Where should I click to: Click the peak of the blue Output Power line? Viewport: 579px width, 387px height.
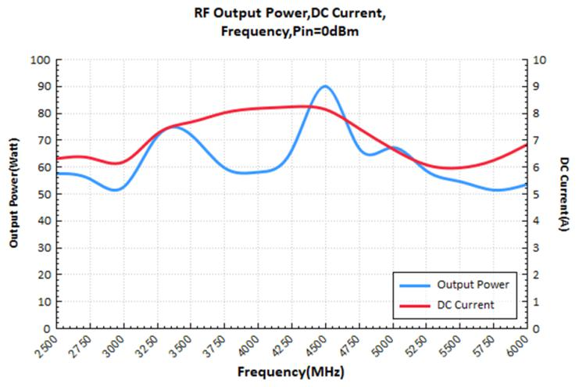coord(325,86)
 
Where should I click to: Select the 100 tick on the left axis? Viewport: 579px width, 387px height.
coord(41,60)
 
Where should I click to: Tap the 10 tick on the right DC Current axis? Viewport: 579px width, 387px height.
coord(539,60)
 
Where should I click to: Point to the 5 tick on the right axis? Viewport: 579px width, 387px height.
coord(537,195)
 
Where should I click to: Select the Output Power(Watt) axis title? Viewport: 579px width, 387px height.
coord(15,195)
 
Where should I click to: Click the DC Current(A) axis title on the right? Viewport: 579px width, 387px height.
coord(564,195)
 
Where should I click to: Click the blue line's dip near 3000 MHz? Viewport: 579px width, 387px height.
coord(116,190)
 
